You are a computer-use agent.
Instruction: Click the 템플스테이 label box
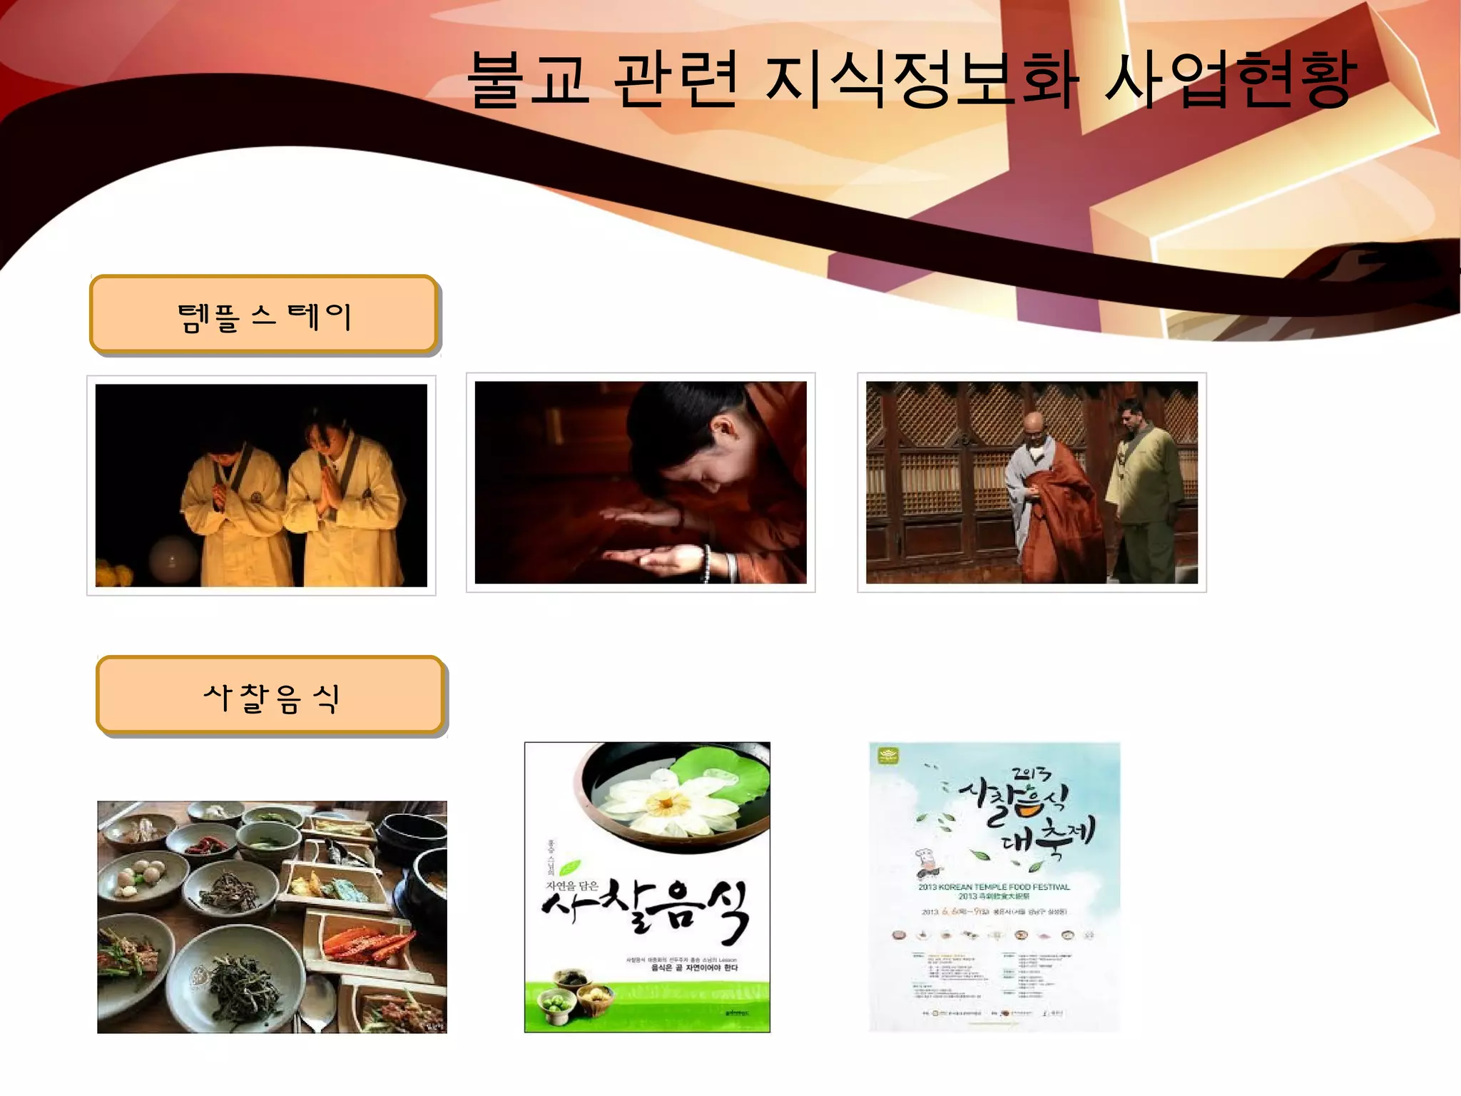[263, 315]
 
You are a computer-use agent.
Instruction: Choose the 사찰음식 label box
[270, 696]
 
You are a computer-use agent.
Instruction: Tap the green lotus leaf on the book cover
[728, 778]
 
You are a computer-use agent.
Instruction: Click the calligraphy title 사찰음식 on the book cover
[646, 910]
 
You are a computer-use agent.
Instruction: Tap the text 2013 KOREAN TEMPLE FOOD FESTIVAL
[994, 887]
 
